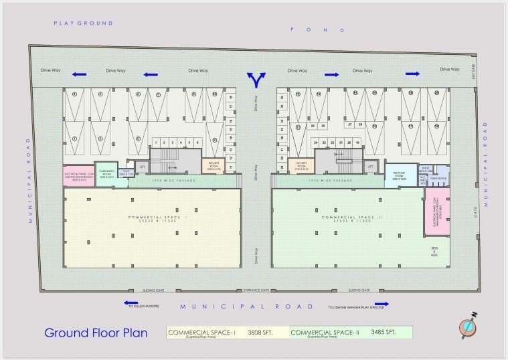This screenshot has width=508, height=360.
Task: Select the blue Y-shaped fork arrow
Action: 255,80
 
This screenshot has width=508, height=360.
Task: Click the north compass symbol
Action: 468,326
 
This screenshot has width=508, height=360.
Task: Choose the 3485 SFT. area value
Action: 383,332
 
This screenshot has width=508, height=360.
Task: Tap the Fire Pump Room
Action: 399,175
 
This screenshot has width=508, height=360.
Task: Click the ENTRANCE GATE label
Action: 256,290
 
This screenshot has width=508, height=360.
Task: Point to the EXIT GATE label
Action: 473,69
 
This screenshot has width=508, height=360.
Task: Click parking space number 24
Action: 316,143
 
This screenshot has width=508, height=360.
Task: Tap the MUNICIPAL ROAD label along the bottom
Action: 247,306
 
